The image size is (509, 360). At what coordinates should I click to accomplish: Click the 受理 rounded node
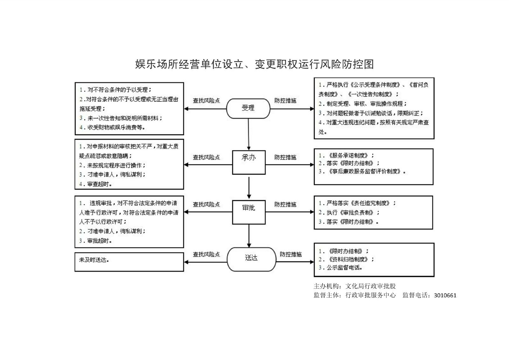pyautogui.click(x=248, y=108)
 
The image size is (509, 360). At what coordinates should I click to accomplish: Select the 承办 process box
pyautogui.click(x=249, y=162)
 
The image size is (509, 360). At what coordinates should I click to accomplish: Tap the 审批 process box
pyautogui.click(x=249, y=212)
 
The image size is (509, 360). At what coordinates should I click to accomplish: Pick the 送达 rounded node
pyautogui.click(x=251, y=259)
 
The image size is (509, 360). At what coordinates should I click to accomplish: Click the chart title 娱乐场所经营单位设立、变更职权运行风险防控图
pyautogui.click(x=254, y=64)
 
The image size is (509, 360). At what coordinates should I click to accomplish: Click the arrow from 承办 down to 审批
pyautogui.click(x=249, y=188)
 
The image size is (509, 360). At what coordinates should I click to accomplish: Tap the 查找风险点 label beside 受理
pyautogui.click(x=206, y=101)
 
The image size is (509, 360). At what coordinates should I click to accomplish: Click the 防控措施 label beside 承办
pyautogui.click(x=285, y=157)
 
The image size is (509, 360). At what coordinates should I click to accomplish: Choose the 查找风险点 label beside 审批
pyautogui.click(x=206, y=204)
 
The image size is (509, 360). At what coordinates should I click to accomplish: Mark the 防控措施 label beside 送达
pyautogui.click(x=290, y=254)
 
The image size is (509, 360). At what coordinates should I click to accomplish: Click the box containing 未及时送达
pyautogui.click(x=129, y=262)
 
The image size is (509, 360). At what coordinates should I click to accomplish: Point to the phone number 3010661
pyautogui.click(x=445, y=295)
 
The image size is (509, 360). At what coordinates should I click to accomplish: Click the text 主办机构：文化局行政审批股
pyautogui.click(x=355, y=286)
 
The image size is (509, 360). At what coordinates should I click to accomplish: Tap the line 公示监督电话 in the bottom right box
pyautogui.click(x=341, y=268)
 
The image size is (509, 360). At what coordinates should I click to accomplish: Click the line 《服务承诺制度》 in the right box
pyautogui.click(x=347, y=156)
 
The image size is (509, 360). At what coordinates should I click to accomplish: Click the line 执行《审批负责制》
pyautogui.click(x=349, y=212)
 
